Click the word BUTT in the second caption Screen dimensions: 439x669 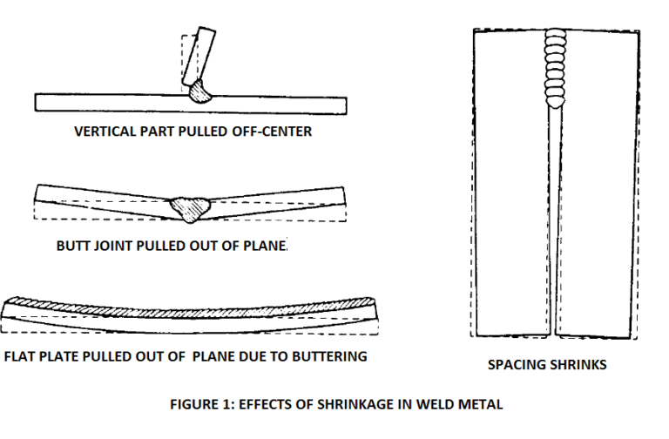click(x=73, y=246)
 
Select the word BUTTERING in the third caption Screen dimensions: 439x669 click(x=330, y=356)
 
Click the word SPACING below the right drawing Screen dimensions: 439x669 click(x=514, y=365)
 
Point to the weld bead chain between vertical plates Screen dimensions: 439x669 click(x=555, y=66)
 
